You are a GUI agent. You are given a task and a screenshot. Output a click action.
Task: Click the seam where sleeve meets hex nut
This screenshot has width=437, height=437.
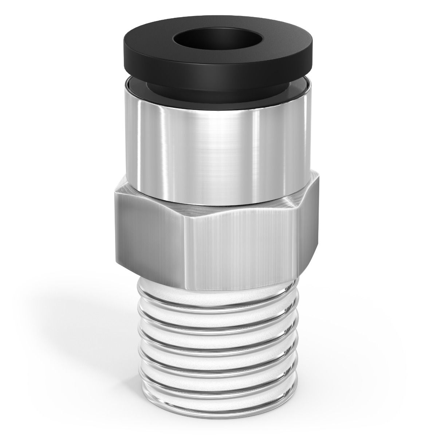[x=219, y=200]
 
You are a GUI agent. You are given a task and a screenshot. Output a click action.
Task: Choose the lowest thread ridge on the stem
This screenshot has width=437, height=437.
[x=219, y=384]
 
